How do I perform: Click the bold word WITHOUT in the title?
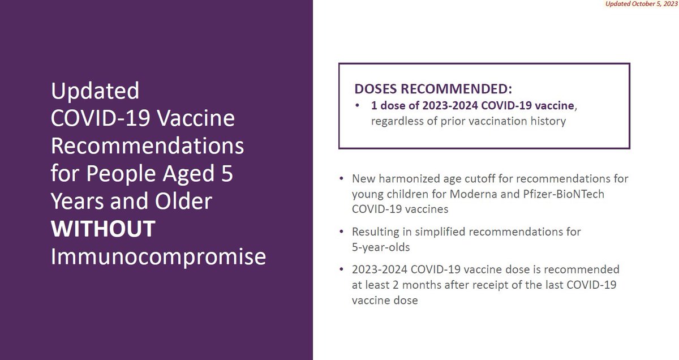point(103,229)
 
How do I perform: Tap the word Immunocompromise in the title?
point(158,256)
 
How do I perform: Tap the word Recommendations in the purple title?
point(147,146)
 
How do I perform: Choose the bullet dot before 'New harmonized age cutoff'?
point(341,178)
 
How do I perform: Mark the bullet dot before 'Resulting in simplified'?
point(341,232)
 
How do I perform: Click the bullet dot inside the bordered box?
point(358,106)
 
